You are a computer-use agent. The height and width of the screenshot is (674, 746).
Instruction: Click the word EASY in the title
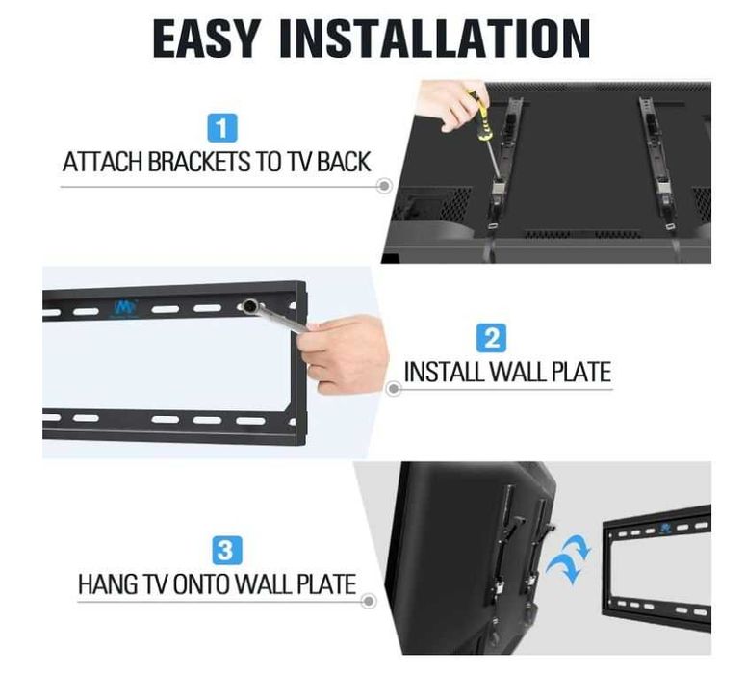pyautogui.click(x=207, y=39)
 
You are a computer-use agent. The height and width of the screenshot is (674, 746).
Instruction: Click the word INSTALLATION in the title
pyautogui.click(x=435, y=39)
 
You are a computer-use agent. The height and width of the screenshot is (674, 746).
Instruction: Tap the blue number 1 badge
pyautogui.click(x=222, y=127)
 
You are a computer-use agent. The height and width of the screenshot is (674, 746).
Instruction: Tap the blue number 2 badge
pyautogui.click(x=491, y=338)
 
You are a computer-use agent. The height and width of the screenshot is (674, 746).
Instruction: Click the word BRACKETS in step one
pyautogui.click(x=199, y=162)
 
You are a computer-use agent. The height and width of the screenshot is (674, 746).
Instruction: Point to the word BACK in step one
pyautogui.click(x=344, y=162)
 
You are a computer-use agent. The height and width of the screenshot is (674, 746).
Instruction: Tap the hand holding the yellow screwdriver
pyautogui.click(x=452, y=105)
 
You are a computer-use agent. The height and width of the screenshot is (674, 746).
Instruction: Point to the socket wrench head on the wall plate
pyautogui.click(x=249, y=305)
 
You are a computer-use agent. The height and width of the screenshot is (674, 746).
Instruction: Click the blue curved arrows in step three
pyautogui.click(x=569, y=557)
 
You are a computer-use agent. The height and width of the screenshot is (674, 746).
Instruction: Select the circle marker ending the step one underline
pyautogui.click(x=384, y=186)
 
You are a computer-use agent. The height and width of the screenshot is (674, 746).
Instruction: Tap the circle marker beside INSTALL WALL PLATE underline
pyautogui.click(x=393, y=389)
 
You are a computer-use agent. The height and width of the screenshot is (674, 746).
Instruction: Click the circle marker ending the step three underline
pyautogui.click(x=369, y=601)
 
